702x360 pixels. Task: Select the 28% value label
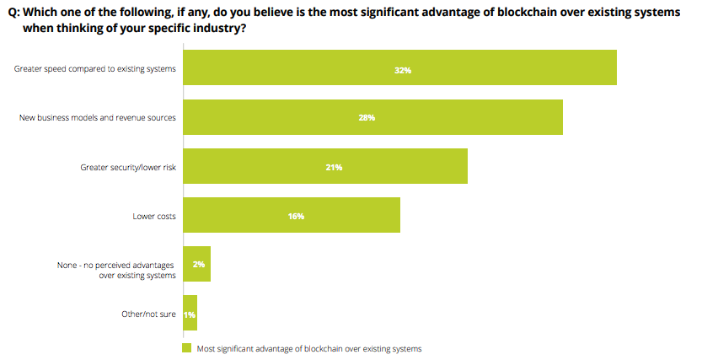(x=367, y=118)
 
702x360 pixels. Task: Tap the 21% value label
(x=334, y=167)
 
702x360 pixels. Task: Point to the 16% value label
(x=296, y=216)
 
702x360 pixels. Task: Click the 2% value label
(x=199, y=264)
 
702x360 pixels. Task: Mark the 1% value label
(x=190, y=314)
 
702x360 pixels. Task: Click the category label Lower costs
(x=154, y=216)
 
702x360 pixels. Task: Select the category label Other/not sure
(x=149, y=314)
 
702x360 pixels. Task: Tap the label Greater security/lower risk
(x=128, y=167)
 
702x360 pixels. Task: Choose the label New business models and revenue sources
(x=98, y=118)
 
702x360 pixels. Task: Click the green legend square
(x=187, y=347)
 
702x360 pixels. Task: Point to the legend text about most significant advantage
(x=308, y=347)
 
